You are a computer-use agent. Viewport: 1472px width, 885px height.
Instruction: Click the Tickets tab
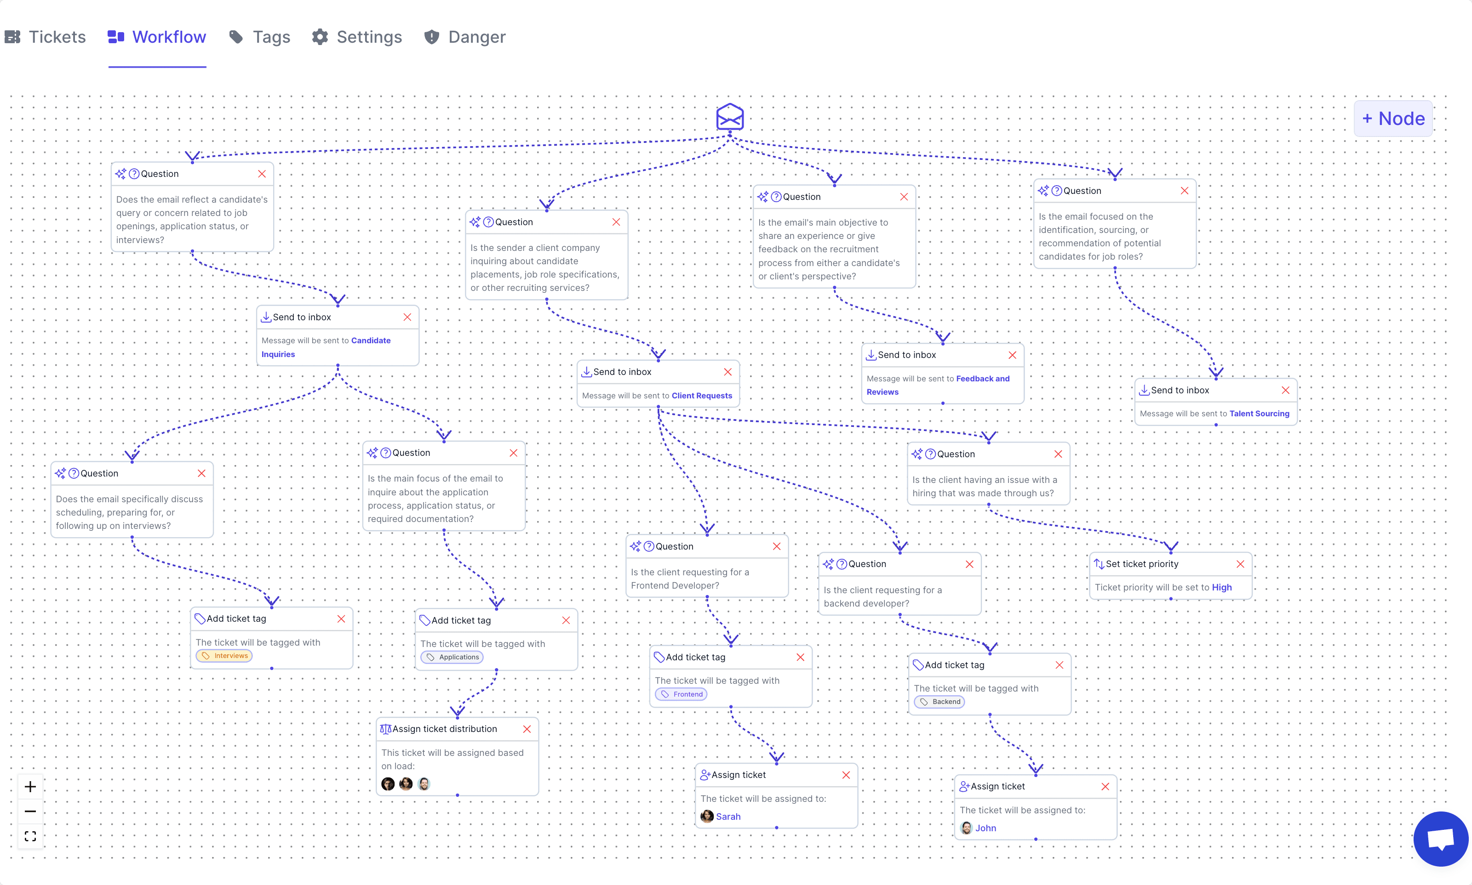(46, 37)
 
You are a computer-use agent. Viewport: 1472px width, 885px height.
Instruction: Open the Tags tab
(260, 37)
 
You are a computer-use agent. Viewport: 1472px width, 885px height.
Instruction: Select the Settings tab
(357, 37)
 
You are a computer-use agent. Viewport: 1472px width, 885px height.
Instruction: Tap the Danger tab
(465, 37)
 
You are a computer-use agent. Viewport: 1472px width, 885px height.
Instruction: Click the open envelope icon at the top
(730, 117)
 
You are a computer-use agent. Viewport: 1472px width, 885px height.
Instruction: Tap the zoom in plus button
(30, 787)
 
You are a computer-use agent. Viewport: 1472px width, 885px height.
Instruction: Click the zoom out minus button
(30, 811)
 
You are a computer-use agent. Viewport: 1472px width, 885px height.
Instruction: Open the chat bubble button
(1440, 839)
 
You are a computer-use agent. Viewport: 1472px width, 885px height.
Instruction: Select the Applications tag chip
(452, 657)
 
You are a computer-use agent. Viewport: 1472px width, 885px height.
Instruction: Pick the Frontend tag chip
(682, 694)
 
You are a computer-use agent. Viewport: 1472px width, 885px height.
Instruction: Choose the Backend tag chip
(940, 702)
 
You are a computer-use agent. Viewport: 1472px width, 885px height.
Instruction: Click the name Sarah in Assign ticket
(728, 817)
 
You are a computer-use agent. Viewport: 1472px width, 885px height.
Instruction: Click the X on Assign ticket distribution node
(527, 729)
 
